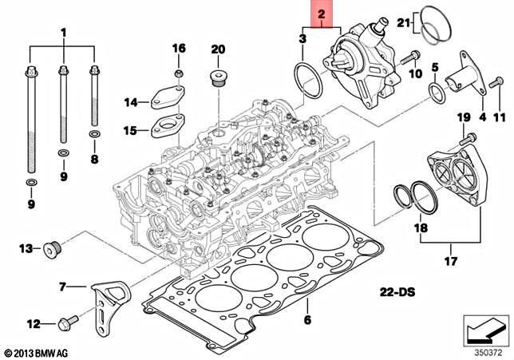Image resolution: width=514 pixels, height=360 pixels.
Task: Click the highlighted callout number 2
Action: [x=321, y=14]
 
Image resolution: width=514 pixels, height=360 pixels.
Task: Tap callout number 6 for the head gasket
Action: [x=306, y=320]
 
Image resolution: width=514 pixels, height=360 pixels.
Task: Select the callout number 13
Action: [x=25, y=249]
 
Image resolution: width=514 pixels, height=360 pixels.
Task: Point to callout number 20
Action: [x=218, y=49]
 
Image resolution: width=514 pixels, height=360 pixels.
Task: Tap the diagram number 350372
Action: [x=487, y=348]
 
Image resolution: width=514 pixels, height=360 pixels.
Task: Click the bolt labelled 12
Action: [x=65, y=324]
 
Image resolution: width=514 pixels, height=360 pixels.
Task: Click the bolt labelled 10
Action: [x=409, y=57]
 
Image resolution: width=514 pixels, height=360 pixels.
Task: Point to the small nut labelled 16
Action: [x=179, y=74]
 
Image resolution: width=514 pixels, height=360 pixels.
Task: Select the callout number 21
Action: [x=404, y=22]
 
